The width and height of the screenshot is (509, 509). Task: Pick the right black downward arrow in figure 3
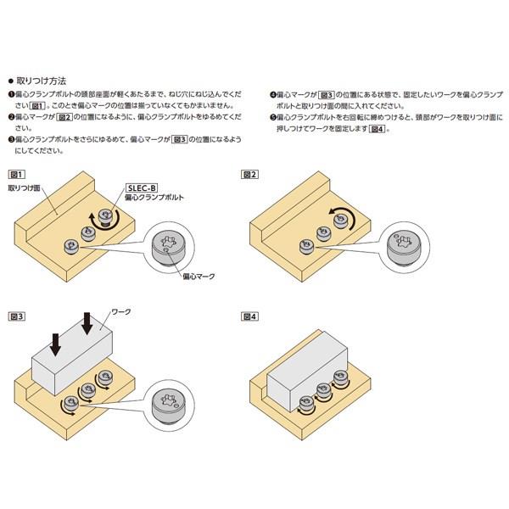tap(88, 323)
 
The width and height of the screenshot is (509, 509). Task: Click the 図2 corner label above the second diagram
tap(249, 171)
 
